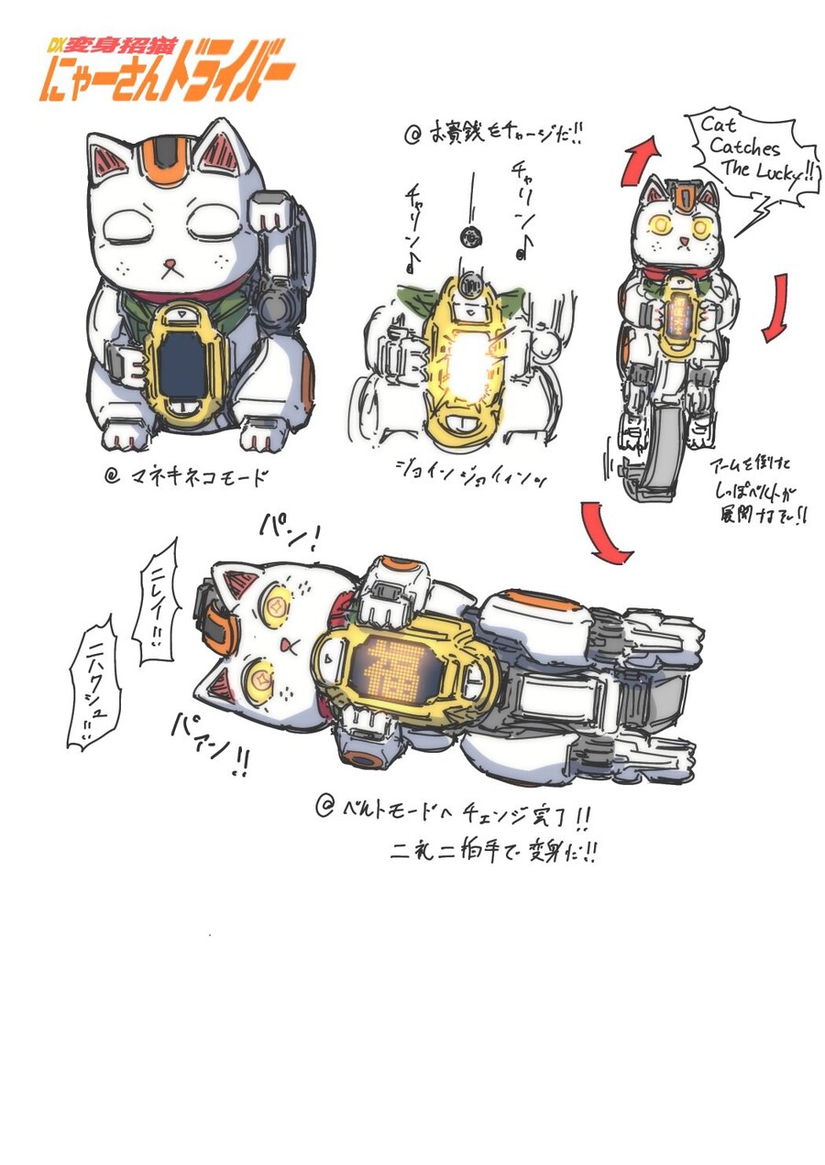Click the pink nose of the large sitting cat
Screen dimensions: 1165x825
pos(170,267)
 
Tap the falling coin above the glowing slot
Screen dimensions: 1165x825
pos(468,238)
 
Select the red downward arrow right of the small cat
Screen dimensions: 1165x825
pos(775,307)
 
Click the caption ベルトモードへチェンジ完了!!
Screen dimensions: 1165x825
pos(456,810)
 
